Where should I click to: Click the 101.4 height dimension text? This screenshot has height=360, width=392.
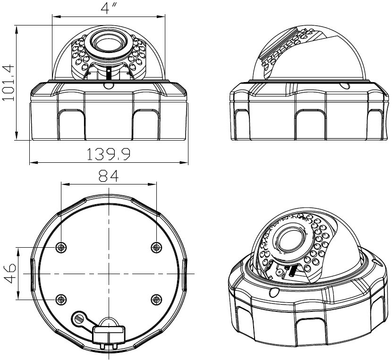click(8, 83)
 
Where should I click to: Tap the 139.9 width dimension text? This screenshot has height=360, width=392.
click(109, 154)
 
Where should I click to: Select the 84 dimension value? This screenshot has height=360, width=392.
click(109, 176)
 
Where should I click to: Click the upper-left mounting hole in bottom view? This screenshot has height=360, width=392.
click(61, 247)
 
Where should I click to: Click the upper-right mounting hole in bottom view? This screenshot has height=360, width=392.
click(156, 247)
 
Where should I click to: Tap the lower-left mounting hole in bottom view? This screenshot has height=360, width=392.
click(61, 299)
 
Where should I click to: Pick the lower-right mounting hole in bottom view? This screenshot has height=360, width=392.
click(156, 299)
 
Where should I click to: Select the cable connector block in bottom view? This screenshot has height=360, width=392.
click(109, 334)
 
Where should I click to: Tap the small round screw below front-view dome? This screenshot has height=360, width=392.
click(109, 85)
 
